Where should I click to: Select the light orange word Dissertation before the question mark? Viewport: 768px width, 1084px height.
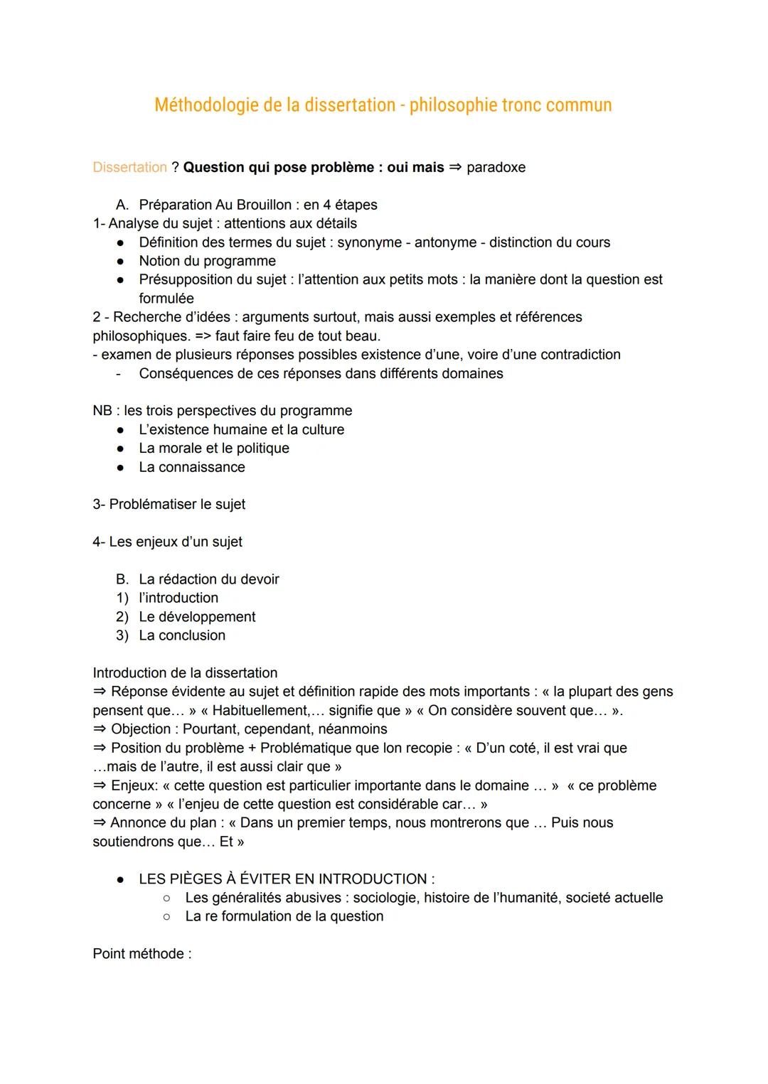129,167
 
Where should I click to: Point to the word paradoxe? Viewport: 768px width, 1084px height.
496,167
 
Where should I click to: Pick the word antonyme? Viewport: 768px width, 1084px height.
445,242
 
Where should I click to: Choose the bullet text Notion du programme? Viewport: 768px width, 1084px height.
207,261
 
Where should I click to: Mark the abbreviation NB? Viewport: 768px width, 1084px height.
102,411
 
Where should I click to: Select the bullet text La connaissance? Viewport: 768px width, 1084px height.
192,467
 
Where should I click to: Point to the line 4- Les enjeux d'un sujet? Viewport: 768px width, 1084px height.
167,542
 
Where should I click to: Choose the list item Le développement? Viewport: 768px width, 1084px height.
197,617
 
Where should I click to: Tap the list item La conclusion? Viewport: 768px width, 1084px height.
182,635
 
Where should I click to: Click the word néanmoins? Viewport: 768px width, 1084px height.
352,729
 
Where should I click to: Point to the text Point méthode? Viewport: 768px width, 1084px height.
142,954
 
